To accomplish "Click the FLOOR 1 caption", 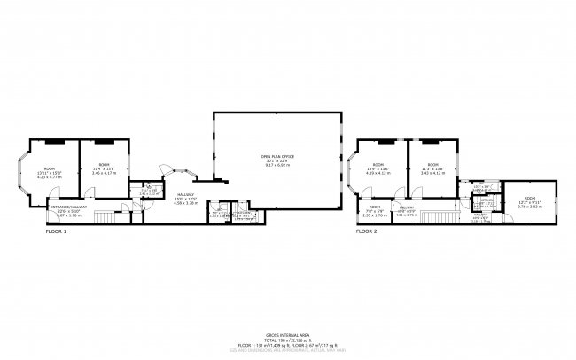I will (56, 231).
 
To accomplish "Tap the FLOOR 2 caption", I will (366, 231).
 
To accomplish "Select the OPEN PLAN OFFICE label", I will (277, 156).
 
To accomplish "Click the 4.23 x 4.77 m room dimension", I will (54, 177).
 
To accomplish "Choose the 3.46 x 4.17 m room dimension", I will (105, 172).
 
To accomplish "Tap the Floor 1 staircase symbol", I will (105, 217).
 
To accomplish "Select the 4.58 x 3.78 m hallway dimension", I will (185, 203).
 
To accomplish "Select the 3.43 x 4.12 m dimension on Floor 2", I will (432, 172).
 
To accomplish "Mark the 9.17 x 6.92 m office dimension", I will (277, 166).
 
